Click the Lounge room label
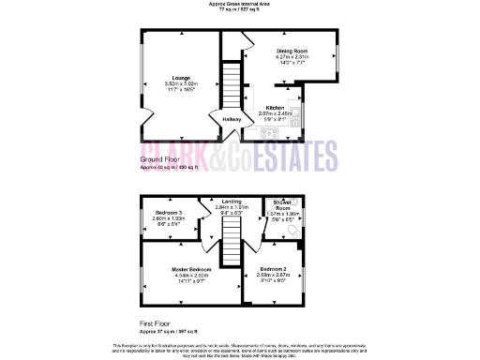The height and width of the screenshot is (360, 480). click(x=182, y=77)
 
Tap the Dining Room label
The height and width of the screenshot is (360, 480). click(x=292, y=51)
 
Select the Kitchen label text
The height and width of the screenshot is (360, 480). click(x=275, y=108)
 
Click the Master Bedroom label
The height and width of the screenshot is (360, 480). click(x=191, y=269)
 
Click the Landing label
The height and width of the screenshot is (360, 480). click(x=232, y=200)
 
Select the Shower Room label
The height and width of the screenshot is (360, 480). click(x=280, y=204)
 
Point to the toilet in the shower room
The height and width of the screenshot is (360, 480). click(x=293, y=230)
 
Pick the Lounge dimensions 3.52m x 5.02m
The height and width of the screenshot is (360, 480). click(x=182, y=83)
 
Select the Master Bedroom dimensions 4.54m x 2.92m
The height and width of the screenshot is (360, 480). click(x=191, y=276)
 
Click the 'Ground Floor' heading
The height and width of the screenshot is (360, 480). click(x=161, y=160)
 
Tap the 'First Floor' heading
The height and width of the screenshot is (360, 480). click(x=156, y=323)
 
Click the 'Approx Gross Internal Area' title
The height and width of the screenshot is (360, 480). click(x=240, y=4)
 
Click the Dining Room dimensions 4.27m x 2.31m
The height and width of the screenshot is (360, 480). click(x=292, y=57)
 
